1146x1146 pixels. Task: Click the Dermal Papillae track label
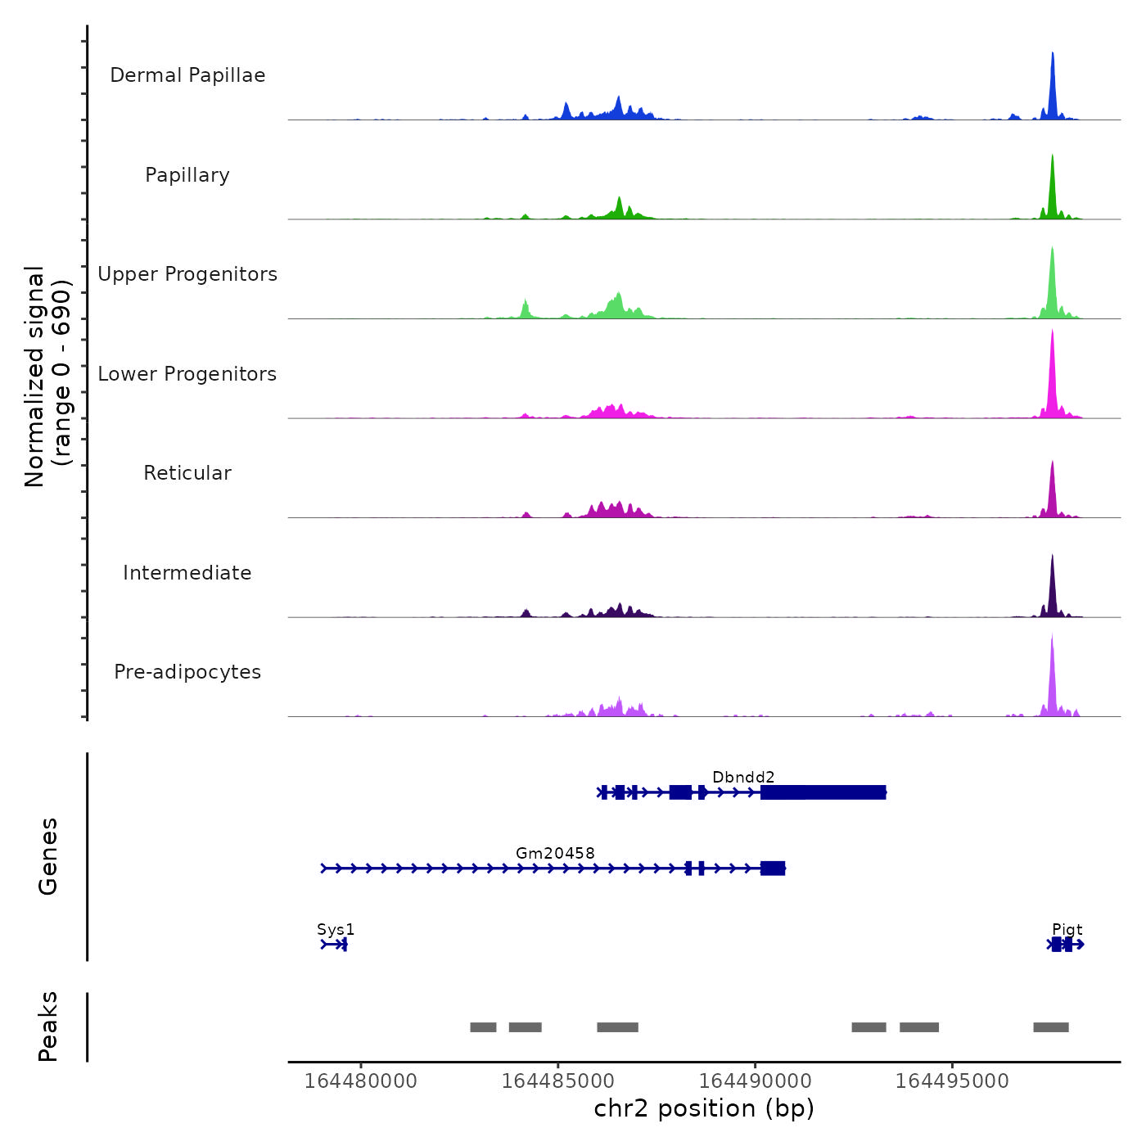187,75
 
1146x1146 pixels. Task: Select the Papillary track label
187,175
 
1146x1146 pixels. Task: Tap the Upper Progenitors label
187,274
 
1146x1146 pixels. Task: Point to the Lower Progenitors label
187,374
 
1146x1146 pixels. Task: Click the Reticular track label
187,473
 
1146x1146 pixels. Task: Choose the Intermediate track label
187,573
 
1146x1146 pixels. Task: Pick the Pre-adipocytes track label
187,672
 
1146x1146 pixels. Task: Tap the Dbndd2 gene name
743,777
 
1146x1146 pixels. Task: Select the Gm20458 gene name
555,853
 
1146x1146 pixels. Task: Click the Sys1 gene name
336,929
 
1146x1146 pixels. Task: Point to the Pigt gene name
1067,929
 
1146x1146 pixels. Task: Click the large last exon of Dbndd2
823,792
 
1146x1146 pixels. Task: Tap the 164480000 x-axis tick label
361,1081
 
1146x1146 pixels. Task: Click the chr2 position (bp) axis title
704,1108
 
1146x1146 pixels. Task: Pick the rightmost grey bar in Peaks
1051,1027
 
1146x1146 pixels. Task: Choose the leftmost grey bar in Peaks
483,1027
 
